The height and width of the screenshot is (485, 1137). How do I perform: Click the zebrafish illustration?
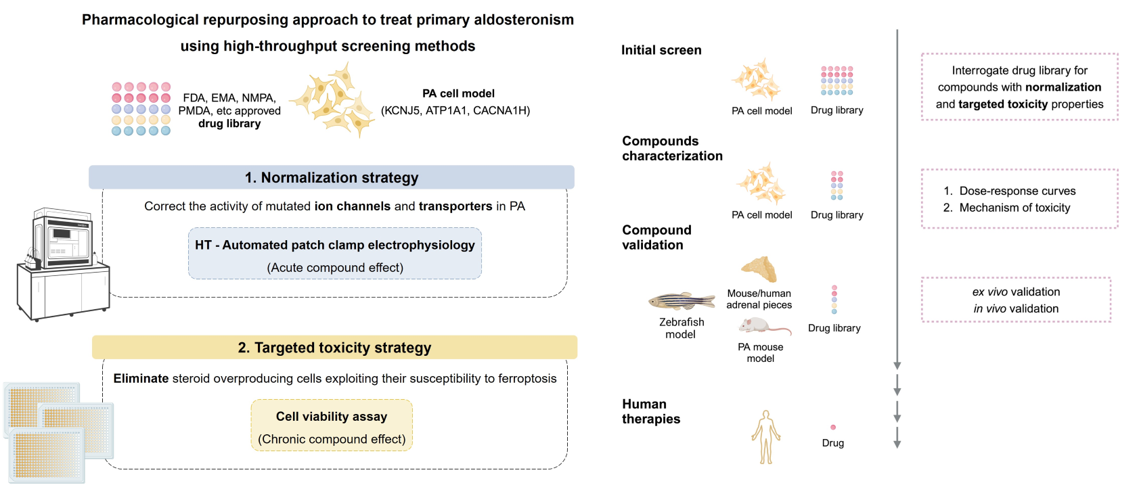pyautogui.click(x=681, y=300)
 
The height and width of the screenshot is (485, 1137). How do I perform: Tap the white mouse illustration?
pyautogui.click(x=761, y=327)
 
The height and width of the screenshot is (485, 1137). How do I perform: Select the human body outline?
pyautogui.click(x=765, y=437)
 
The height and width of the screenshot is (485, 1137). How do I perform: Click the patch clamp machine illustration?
pyautogui.click(x=62, y=264)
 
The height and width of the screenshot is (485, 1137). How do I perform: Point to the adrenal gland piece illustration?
pyautogui.click(x=759, y=269)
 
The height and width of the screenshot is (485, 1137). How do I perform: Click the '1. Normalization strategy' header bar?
pyautogui.click(x=332, y=177)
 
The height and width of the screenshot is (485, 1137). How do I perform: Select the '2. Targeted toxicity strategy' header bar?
pyautogui.click(x=334, y=348)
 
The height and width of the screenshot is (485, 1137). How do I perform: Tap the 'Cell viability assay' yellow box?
pyautogui.click(x=332, y=425)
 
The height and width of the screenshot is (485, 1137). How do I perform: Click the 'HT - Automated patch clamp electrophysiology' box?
pyautogui.click(x=335, y=254)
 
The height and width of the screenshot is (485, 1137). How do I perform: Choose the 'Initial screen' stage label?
pyautogui.click(x=661, y=50)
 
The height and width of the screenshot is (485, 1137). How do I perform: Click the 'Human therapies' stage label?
pyautogui.click(x=651, y=411)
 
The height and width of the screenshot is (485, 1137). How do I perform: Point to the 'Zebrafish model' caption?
pyautogui.click(x=681, y=328)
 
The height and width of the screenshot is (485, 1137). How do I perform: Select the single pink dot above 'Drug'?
pyautogui.click(x=833, y=428)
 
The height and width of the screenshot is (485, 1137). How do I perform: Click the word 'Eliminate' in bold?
pyautogui.click(x=141, y=379)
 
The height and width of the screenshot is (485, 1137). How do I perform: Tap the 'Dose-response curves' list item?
pyautogui.click(x=1017, y=191)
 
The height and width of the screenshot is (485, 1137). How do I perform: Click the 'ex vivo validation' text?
pyautogui.click(x=1016, y=292)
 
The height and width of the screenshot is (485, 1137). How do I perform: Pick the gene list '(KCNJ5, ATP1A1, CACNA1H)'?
pyautogui.click(x=455, y=110)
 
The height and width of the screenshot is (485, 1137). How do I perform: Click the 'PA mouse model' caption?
pyautogui.click(x=760, y=352)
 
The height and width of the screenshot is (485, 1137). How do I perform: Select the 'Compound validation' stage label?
pyautogui.click(x=656, y=237)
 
